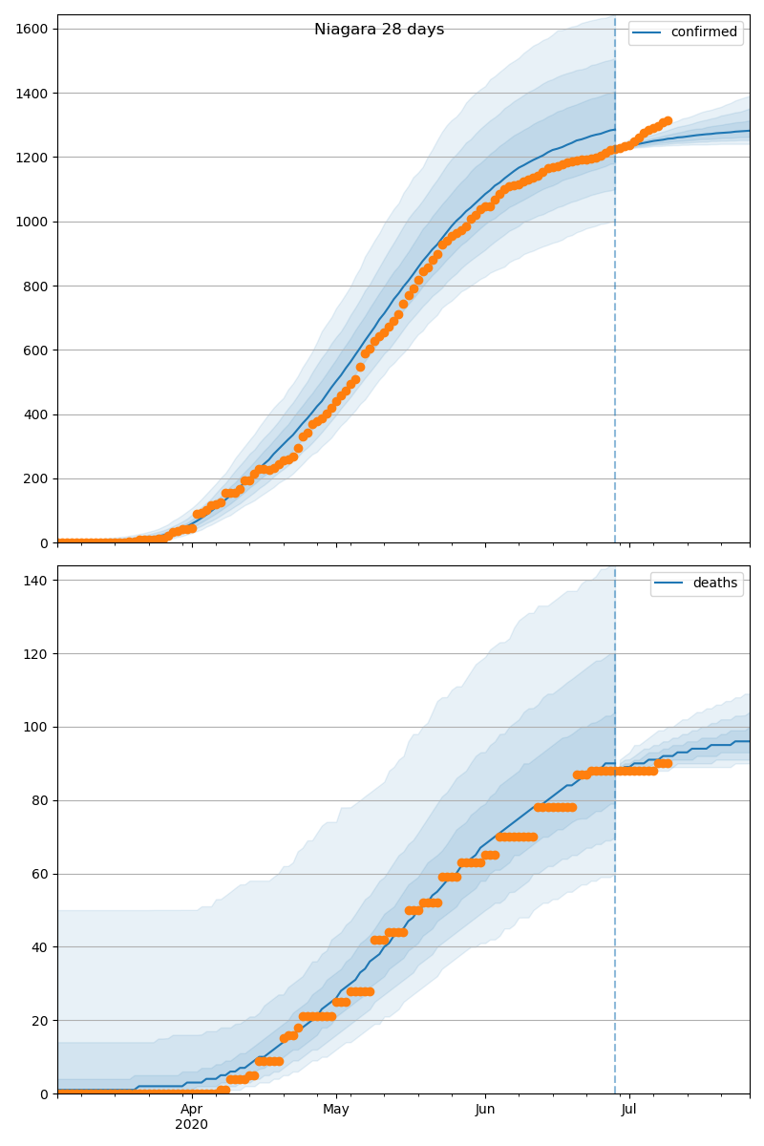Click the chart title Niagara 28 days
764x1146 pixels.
click(x=379, y=30)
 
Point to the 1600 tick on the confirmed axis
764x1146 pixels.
click(x=33, y=29)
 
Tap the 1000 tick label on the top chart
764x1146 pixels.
click(x=33, y=222)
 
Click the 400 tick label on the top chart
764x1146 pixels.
click(x=37, y=414)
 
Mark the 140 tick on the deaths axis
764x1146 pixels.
click(x=37, y=580)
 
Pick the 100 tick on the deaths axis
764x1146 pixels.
click(x=37, y=727)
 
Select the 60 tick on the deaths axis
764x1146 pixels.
click(x=41, y=874)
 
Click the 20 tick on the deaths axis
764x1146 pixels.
click(x=41, y=1020)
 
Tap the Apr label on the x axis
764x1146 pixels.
click(x=192, y=1110)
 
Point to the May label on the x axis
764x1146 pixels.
click(x=336, y=1110)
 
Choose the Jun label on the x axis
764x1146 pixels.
click(x=485, y=1110)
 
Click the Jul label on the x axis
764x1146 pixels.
click(x=629, y=1110)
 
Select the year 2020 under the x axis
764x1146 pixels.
click(x=192, y=1124)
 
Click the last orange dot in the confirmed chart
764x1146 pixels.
click(x=668, y=121)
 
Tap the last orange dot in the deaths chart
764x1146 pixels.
click(x=668, y=763)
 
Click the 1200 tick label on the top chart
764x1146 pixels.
click(x=33, y=157)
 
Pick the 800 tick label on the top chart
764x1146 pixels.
click(x=37, y=286)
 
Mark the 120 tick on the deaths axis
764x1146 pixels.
click(x=37, y=653)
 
